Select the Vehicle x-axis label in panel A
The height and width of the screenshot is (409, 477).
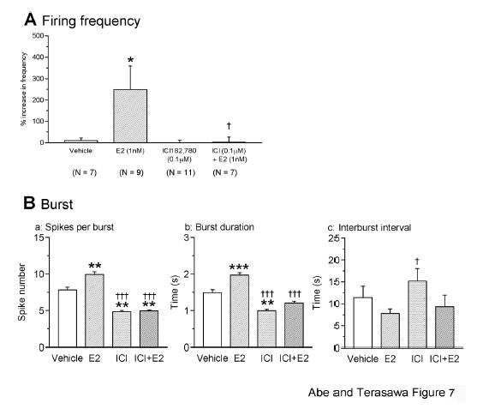click(x=80, y=153)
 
